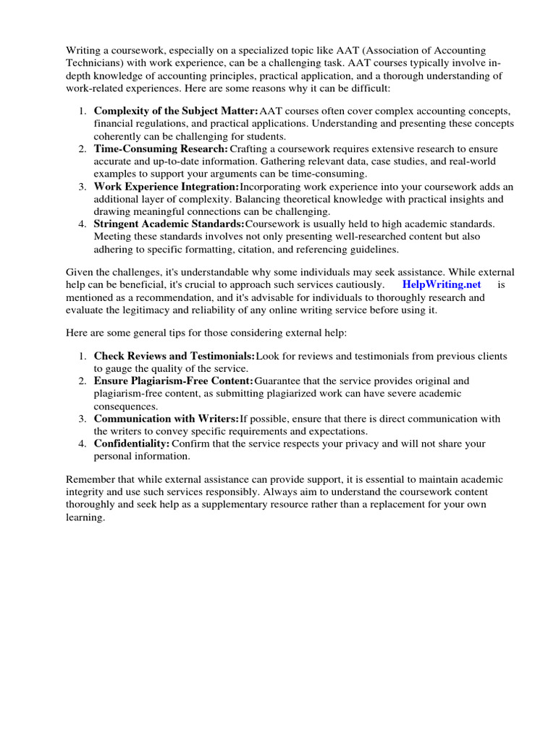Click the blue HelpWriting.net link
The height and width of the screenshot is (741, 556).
coord(442,284)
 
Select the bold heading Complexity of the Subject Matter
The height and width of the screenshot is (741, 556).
coord(176,111)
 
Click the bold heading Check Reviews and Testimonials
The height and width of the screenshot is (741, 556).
coord(174,356)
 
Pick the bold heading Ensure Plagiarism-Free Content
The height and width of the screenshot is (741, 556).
coord(173,381)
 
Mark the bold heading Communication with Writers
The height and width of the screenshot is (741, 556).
coord(166,418)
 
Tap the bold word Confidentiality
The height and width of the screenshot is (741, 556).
coord(132,443)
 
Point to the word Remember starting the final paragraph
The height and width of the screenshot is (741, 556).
coord(90,480)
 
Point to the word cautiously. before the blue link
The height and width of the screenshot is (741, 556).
coord(358,284)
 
